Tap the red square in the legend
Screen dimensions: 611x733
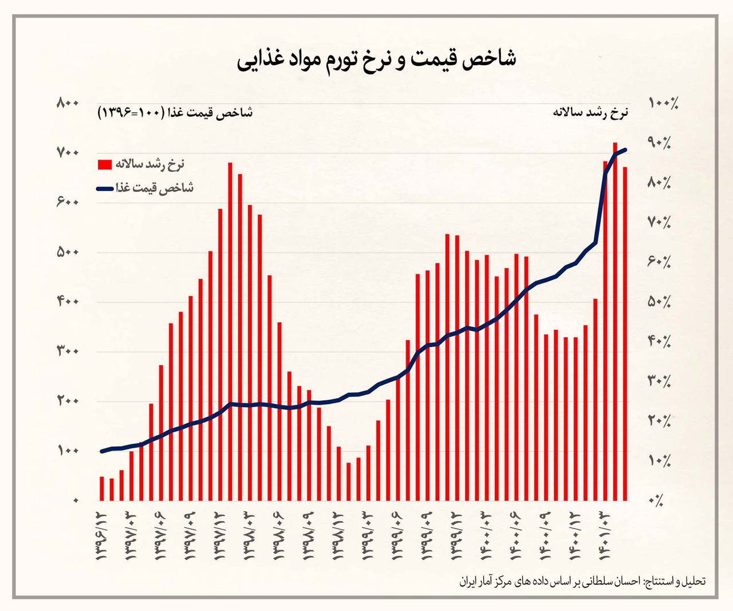105,164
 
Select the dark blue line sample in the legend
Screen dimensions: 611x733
105,188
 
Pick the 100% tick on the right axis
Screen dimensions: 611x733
663,103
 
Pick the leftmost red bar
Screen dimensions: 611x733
102,488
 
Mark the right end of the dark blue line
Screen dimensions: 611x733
626,149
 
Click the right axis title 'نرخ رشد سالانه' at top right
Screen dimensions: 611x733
590,112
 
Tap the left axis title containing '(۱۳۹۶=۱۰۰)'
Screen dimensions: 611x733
175,112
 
